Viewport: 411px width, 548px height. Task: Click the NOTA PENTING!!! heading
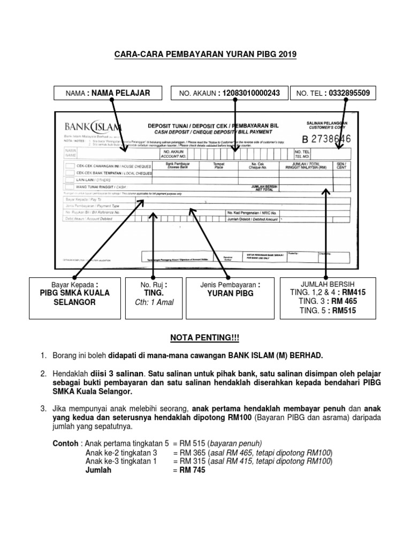205,338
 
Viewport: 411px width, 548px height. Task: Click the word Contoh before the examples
65,444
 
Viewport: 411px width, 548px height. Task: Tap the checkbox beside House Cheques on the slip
70,165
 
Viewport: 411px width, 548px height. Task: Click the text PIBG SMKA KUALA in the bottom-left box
75,293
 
